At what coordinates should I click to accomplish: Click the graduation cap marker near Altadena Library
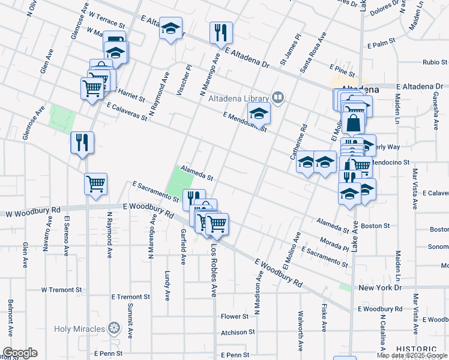pos(259,113)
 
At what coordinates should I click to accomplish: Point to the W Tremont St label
pos(61,290)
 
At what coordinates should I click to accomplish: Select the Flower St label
pos(234,316)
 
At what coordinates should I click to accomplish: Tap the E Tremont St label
pos(130,297)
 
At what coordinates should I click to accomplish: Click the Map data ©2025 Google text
pos(412,355)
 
